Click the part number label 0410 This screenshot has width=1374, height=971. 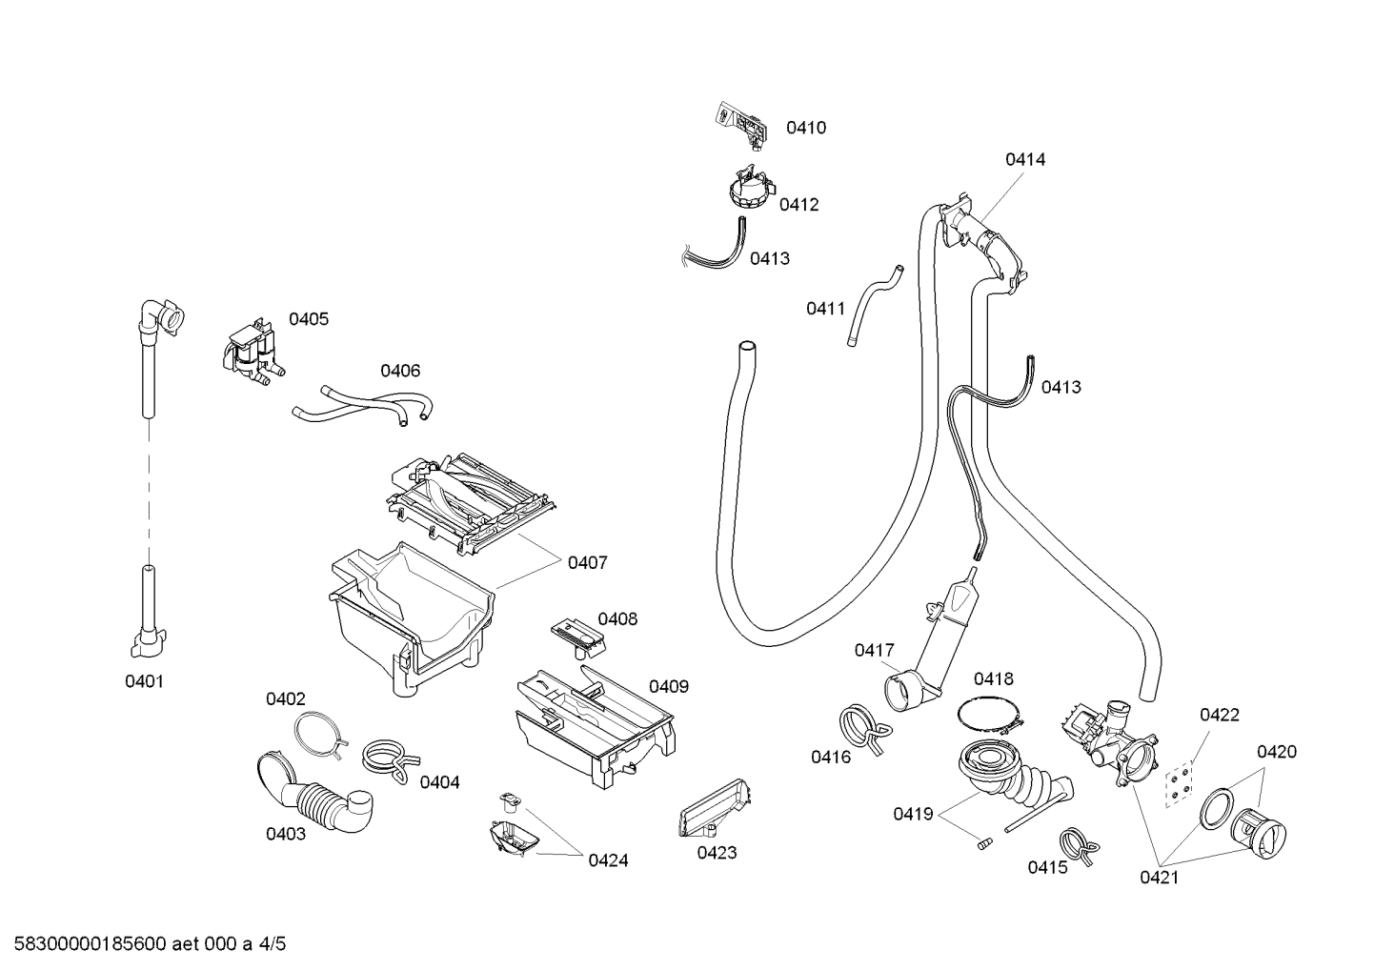pos(806,128)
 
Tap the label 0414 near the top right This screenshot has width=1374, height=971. pos(1025,159)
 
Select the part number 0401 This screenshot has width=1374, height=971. pos(144,681)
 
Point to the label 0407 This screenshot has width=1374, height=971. pos(587,562)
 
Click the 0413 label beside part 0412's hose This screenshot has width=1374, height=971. pos(770,258)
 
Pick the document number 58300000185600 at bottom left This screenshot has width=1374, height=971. pos(90,944)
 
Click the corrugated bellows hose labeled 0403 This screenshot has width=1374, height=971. pos(312,796)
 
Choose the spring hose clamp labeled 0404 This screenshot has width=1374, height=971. pos(390,760)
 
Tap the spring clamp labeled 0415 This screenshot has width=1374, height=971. pos(1080,847)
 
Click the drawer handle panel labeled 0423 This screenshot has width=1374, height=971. pos(716,808)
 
